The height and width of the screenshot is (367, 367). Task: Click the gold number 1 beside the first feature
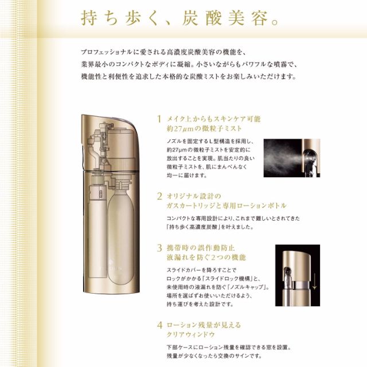(x=159, y=119)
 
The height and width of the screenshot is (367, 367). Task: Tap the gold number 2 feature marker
(x=159, y=196)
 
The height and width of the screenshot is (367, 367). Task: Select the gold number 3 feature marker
(x=159, y=248)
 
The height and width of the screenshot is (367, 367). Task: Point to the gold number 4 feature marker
(x=159, y=325)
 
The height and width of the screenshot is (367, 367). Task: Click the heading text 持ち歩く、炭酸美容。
(x=180, y=18)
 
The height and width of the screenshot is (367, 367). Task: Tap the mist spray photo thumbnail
(x=292, y=158)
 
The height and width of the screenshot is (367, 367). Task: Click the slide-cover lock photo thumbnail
(x=298, y=275)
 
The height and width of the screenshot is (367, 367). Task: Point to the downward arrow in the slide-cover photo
(x=314, y=281)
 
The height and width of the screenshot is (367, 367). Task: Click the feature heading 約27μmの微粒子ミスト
(x=204, y=128)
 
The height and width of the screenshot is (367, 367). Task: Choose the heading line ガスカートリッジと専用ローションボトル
(x=227, y=206)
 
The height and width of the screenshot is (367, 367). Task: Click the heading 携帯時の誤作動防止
(x=201, y=248)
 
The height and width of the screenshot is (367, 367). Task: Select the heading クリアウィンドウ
(x=191, y=334)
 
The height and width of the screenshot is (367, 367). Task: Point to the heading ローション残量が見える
(x=204, y=325)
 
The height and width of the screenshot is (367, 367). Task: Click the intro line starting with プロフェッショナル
(x=163, y=52)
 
